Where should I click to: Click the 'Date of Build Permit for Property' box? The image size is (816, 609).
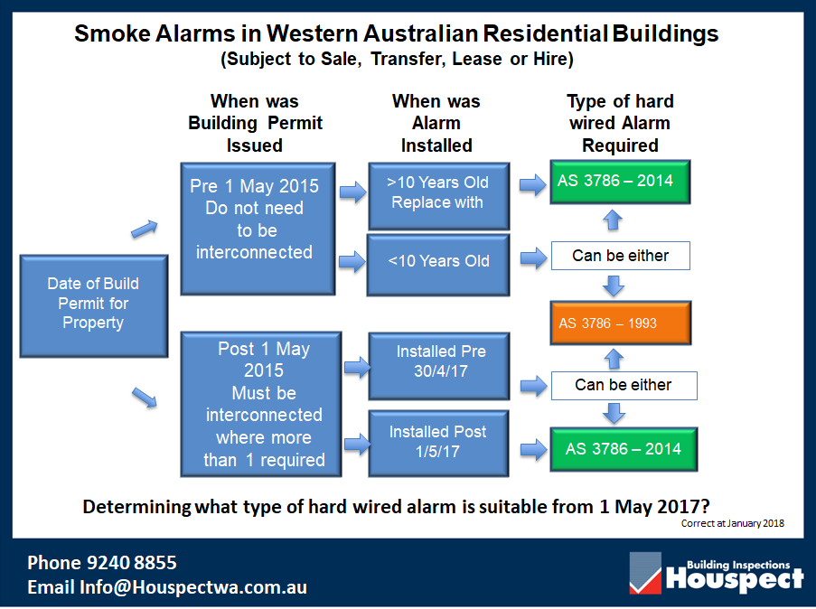tap(94, 305)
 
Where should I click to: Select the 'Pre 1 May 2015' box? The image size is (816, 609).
tap(258, 229)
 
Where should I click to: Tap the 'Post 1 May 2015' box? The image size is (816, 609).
tap(261, 405)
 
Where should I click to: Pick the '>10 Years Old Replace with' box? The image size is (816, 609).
tap(438, 196)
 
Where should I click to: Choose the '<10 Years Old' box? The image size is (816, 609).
tap(438, 265)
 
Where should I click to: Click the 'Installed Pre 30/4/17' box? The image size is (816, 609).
tap(438, 366)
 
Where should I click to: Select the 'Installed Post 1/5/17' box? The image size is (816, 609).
tap(438, 443)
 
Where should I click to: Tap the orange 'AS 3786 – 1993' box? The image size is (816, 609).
tap(620, 323)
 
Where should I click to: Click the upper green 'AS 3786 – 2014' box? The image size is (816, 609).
tap(620, 182)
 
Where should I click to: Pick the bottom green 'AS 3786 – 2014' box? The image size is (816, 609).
tap(624, 449)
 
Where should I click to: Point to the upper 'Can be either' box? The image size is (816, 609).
tap(620, 256)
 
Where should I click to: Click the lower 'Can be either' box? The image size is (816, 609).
tap(624, 386)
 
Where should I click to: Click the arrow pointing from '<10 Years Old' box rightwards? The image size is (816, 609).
tap(533, 258)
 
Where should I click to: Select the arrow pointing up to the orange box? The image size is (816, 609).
tap(614, 358)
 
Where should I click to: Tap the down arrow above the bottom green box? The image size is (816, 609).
tap(614, 414)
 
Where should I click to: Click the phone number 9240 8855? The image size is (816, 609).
tap(132, 563)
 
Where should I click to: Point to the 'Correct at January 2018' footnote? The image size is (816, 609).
tap(732, 523)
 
